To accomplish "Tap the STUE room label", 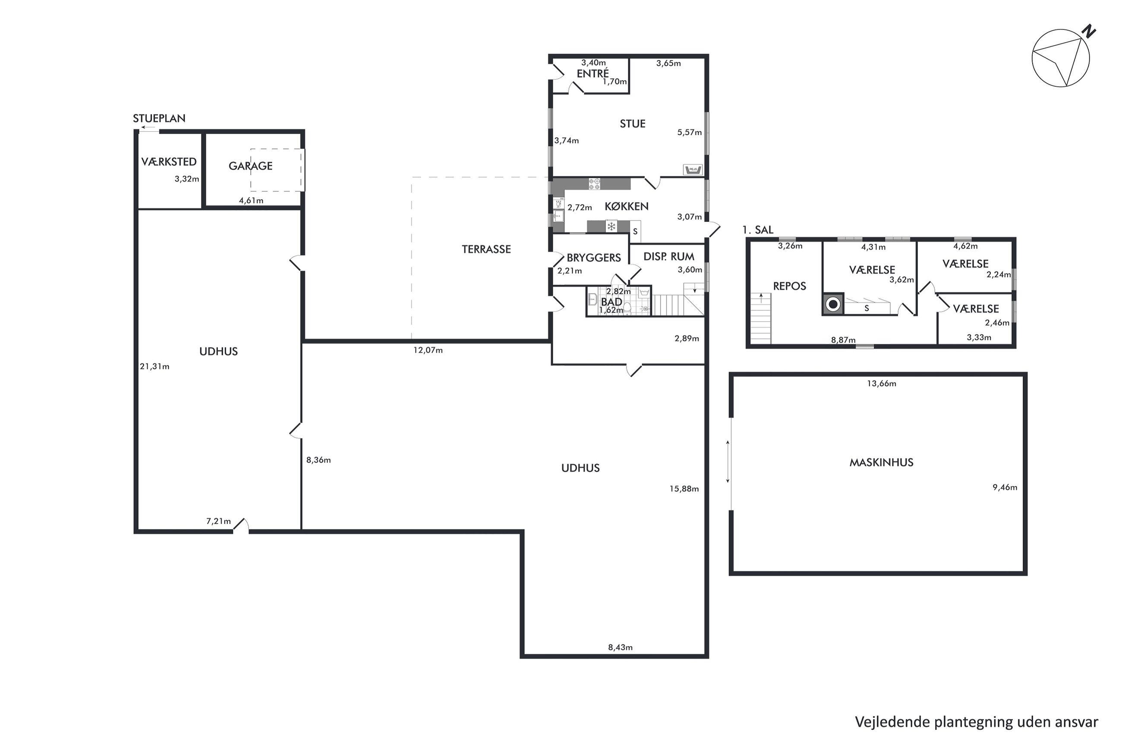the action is click(632, 124).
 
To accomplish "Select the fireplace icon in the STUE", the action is click(692, 169).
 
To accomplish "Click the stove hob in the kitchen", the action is click(594, 184).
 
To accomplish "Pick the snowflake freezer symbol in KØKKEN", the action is click(611, 226).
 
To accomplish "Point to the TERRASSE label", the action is click(486, 249).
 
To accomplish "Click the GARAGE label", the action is click(250, 166).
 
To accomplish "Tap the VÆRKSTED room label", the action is click(169, 162).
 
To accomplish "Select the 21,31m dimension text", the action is click(154, 366).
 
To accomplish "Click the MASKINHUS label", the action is click(881, 462).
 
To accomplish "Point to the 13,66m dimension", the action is click(881, 384).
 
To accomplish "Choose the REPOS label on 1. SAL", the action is click(789, 286).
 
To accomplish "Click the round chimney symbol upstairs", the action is click(833, 304).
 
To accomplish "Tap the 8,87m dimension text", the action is click(843, 340).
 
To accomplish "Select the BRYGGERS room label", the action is click(594, 258).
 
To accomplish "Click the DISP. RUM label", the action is click(668, 257).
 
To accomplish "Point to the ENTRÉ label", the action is click(593, 73).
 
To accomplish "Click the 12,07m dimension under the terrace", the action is click(428, 350).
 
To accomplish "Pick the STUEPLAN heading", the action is click(159, 118).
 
